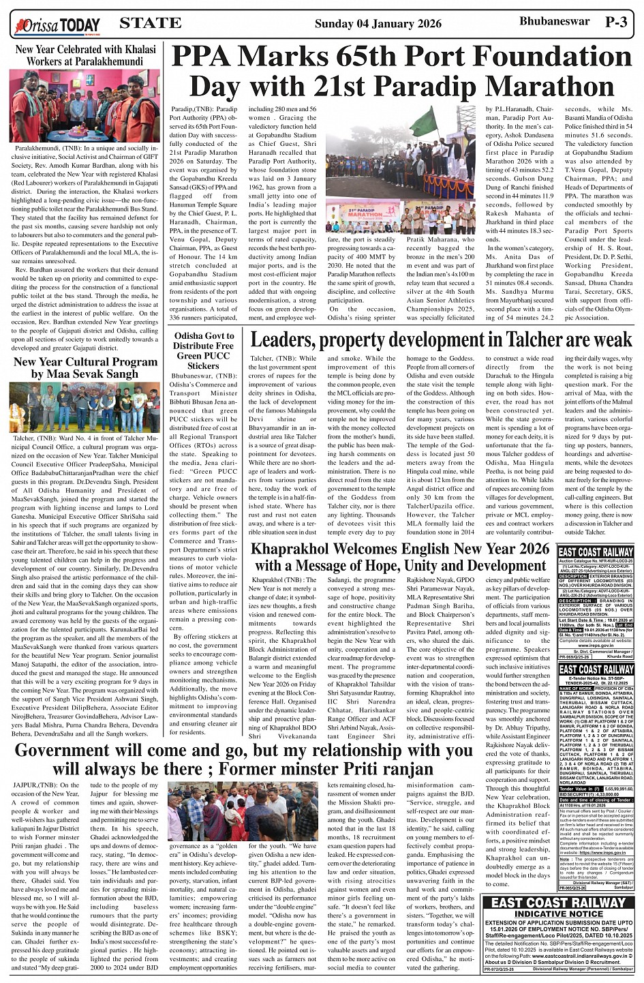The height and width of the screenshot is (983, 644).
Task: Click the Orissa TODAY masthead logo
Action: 55,25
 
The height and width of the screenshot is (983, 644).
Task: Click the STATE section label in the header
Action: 150,22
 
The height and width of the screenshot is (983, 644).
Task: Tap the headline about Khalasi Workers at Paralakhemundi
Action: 85,55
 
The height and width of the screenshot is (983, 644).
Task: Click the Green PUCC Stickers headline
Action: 203,351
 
